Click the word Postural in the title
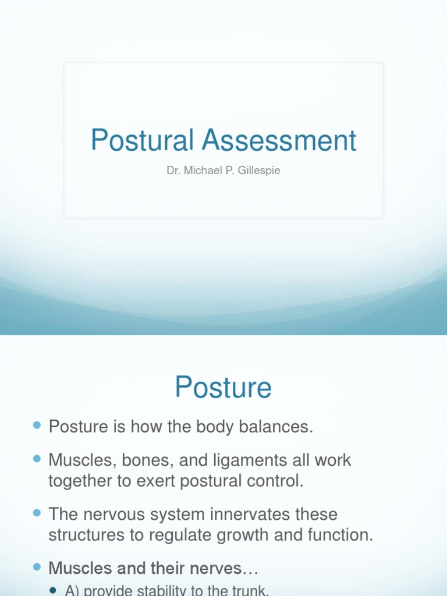[x=141, y=140]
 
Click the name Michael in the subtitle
[x=200, y=171]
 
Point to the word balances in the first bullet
[x=276, y=427]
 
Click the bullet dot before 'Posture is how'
[x=37, y=426]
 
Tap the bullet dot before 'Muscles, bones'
[x=37, y=460]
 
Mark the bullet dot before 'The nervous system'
[x=37, y=513]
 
